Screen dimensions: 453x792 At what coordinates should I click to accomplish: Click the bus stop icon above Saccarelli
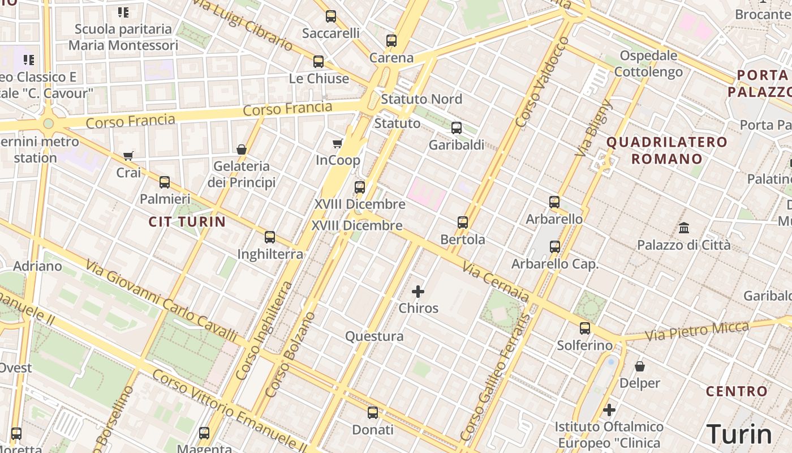click(x=331, y=16)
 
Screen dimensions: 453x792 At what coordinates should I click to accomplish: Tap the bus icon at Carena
click(x=391, y=41)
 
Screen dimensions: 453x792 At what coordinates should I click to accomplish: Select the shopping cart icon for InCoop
click(x=338, y=143)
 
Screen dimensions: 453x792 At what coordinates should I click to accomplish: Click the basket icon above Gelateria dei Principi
click(x=242, y=149)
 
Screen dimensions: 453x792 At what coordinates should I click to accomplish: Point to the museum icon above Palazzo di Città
click(x=684, y=228)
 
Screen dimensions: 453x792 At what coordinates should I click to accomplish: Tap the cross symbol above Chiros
click(x=418, y=292)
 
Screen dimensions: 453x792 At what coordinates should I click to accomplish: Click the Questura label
click(x=375, y=336)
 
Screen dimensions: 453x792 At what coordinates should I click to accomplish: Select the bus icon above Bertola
click(x=463, y=223)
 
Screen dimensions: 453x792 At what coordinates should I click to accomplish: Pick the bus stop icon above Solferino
click(x=585, y=328)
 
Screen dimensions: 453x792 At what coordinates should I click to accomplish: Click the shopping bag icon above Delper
click(x=640, y=366)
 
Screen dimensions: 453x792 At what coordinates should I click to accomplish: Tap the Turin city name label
click(x=739, y=434)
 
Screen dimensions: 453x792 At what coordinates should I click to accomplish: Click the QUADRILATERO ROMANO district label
click(x=667, y=150)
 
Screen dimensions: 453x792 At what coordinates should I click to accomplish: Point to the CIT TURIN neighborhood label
click(x=187, y=221)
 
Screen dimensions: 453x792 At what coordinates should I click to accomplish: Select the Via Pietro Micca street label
click(x=697, y=331)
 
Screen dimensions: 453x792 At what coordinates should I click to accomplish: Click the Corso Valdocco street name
click(x=541, y=83)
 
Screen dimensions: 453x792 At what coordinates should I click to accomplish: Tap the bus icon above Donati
click(x=372, y=413)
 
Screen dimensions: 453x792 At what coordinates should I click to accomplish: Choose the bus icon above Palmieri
click(x=165, y=182)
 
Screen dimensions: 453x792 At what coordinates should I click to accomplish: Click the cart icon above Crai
click(x=128, y=156)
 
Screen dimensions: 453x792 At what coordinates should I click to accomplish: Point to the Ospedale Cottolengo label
click(x=648, y=63)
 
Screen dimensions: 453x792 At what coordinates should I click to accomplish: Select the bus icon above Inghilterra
click(x=270, y=237)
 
